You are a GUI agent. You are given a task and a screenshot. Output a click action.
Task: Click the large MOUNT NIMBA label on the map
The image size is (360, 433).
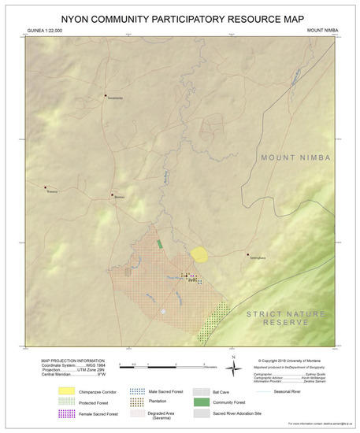296,158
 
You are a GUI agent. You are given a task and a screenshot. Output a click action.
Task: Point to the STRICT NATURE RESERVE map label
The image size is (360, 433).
284,319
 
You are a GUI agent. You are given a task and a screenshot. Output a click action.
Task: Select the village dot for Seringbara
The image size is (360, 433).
247,254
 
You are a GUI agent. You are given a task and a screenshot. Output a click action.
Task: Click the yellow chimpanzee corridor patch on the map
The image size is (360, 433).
200,254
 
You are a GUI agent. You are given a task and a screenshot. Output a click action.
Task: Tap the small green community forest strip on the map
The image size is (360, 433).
159,244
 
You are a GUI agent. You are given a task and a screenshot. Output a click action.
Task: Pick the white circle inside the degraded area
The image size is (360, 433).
164,312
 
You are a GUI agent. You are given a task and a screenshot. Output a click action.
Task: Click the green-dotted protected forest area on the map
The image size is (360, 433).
209,325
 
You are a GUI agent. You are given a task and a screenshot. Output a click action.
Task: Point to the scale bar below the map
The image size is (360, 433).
161,366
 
